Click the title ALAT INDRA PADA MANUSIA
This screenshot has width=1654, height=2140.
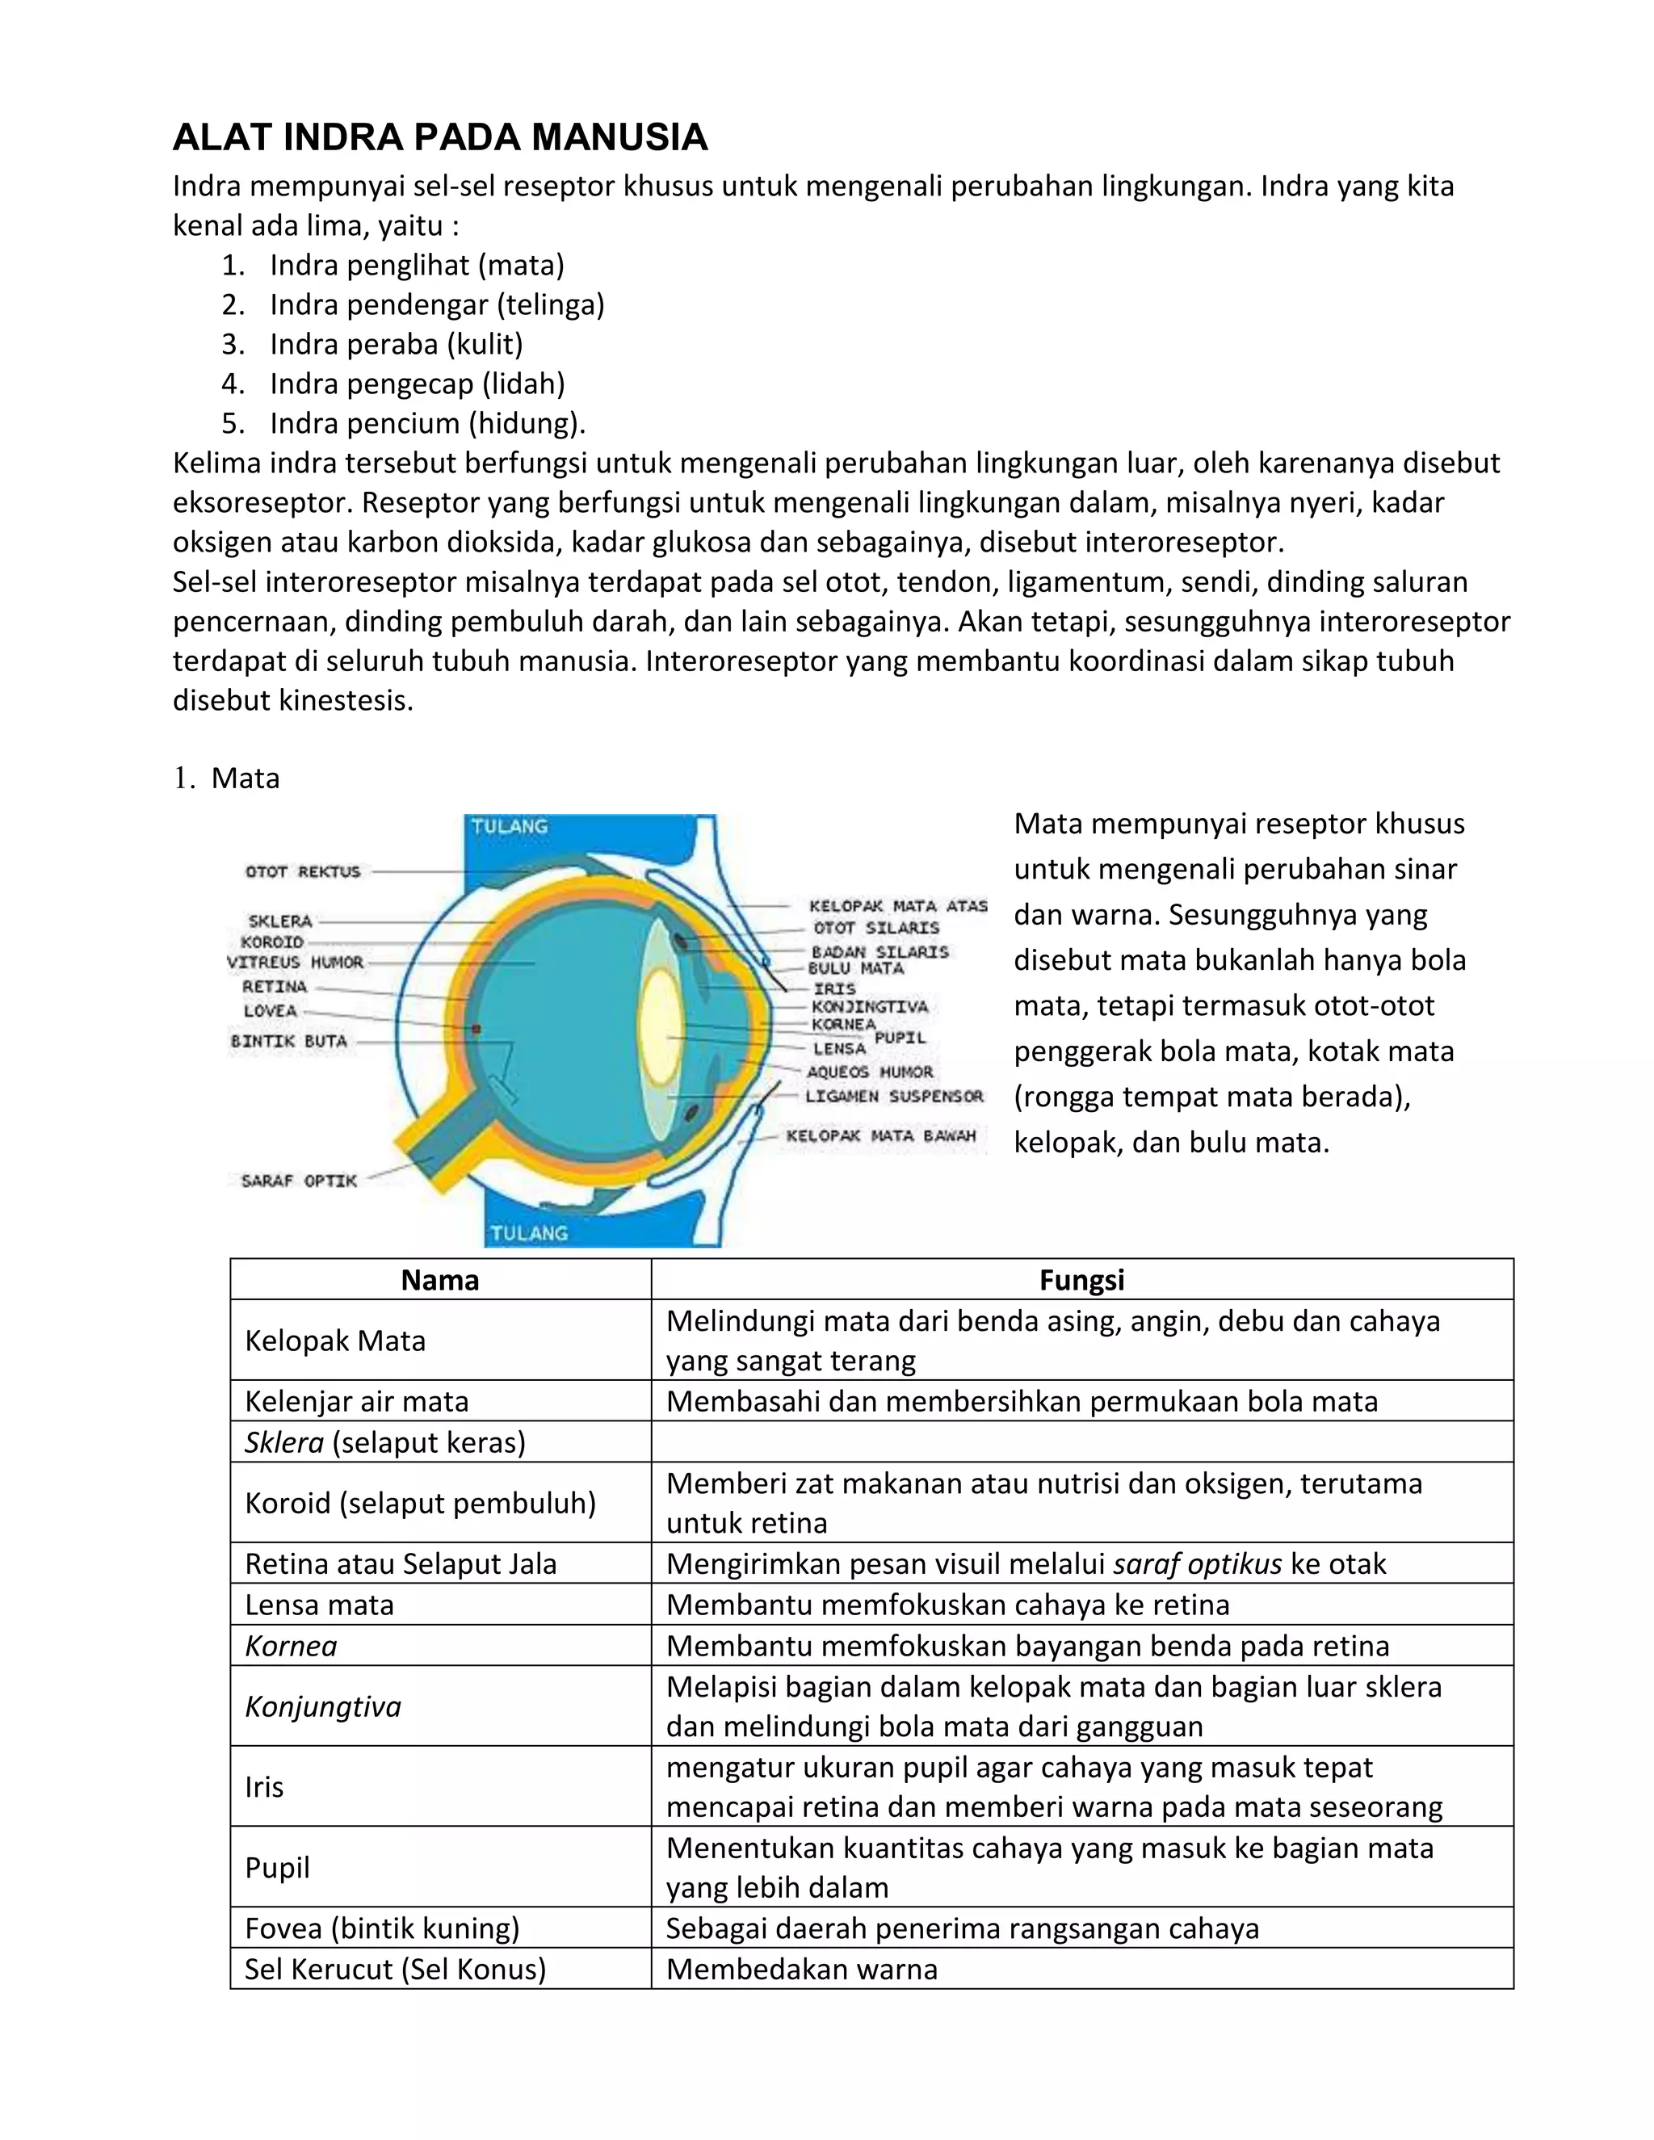coord(440,137)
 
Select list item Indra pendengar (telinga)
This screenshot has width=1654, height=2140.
coord(437,304)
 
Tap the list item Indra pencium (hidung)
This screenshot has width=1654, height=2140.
coord(427,423)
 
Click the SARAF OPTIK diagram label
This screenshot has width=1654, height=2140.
coord(299,1181)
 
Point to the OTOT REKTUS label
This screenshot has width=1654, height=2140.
coord(303,871)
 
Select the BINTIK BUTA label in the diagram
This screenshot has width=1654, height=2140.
coord(288,1041)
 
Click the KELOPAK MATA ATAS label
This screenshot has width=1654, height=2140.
coord(897,906)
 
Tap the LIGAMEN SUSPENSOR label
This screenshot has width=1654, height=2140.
coord(894,1097)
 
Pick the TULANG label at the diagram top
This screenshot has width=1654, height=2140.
coord(509,826)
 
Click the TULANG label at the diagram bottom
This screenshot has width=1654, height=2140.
coord(529,1232)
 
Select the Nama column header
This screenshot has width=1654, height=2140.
coord(440,1280)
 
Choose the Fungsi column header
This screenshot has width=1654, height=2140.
coord(1081,1280)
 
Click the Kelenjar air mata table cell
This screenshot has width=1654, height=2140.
coord(357,1401)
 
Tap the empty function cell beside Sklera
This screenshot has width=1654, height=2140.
coord(1081,1442)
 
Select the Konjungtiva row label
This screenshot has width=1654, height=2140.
coord(323,1707)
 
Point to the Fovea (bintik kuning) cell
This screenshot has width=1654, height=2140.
coord(382,1928)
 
